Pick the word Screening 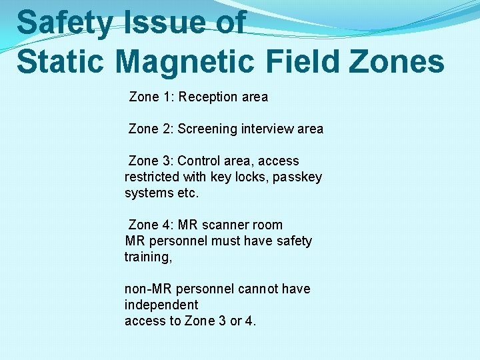click(207, 129)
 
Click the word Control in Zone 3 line click(201, 161)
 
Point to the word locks click(251, 177)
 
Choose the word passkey click(297, 177)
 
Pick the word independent click(161, 305)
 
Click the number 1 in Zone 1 click(167, 97)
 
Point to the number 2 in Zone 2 click(167, 129)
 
